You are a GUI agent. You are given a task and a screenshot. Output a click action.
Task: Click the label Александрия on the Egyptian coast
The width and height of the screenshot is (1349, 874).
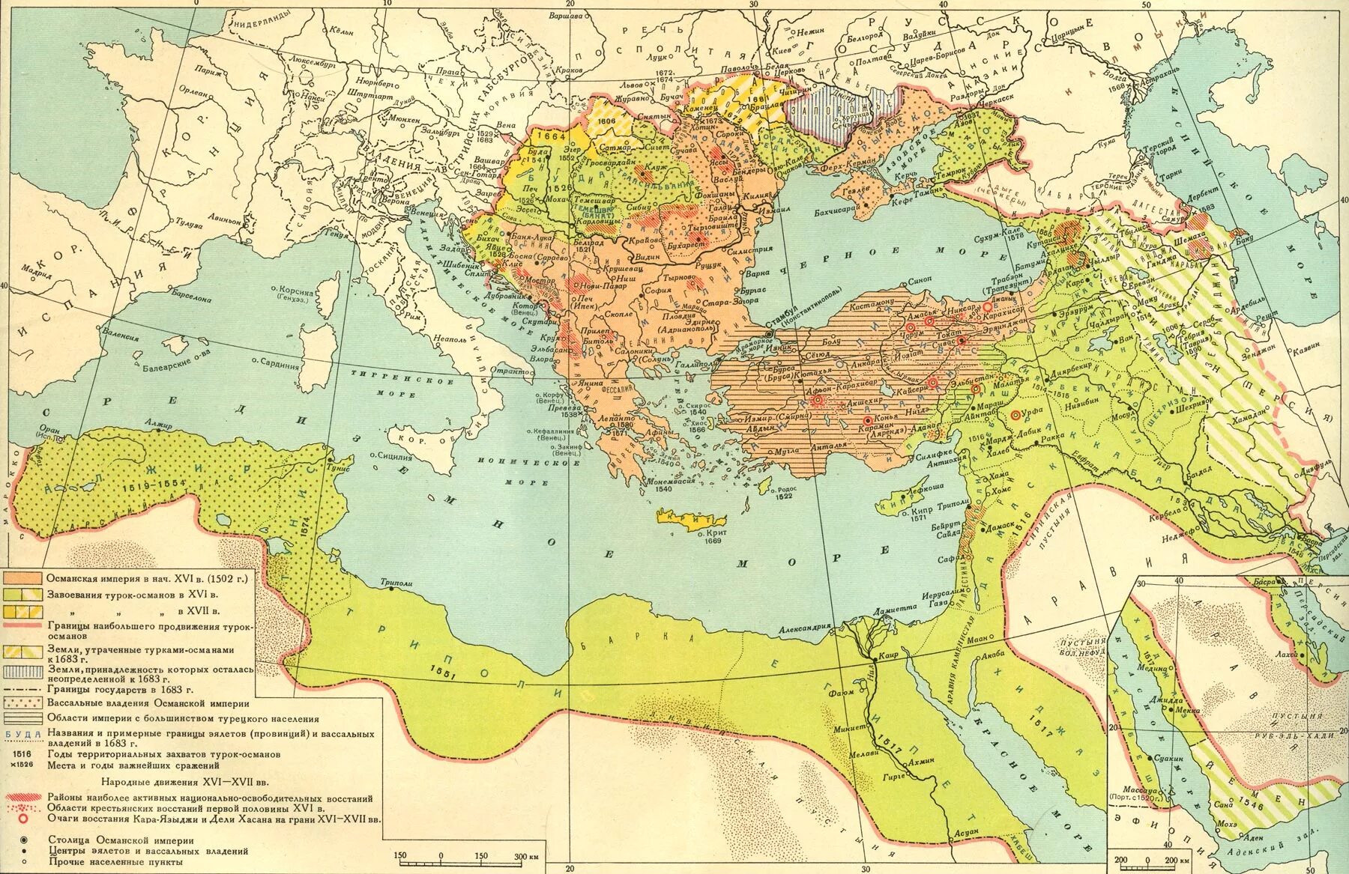coord(806,628)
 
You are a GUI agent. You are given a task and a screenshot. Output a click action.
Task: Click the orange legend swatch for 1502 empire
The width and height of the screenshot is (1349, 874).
coord(22,579)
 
